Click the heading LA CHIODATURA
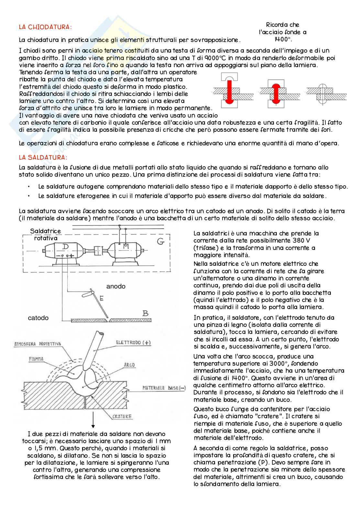pos(45,27)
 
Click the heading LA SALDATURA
pos(43,158)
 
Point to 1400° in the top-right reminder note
pos(282,39)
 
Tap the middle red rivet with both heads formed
pos(277,92)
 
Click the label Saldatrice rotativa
pos(46,235)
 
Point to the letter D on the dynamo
pos(65,247)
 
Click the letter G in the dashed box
pos(161,241)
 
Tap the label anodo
pos(116,286)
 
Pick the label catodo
pos(38,318)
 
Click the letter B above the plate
pos(146,313)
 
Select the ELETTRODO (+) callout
pos(133,343)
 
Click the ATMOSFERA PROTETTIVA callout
pos(38,344)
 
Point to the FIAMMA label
pos(36,359)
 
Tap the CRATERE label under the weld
pos(122,416)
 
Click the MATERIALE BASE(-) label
pos(164,388)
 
